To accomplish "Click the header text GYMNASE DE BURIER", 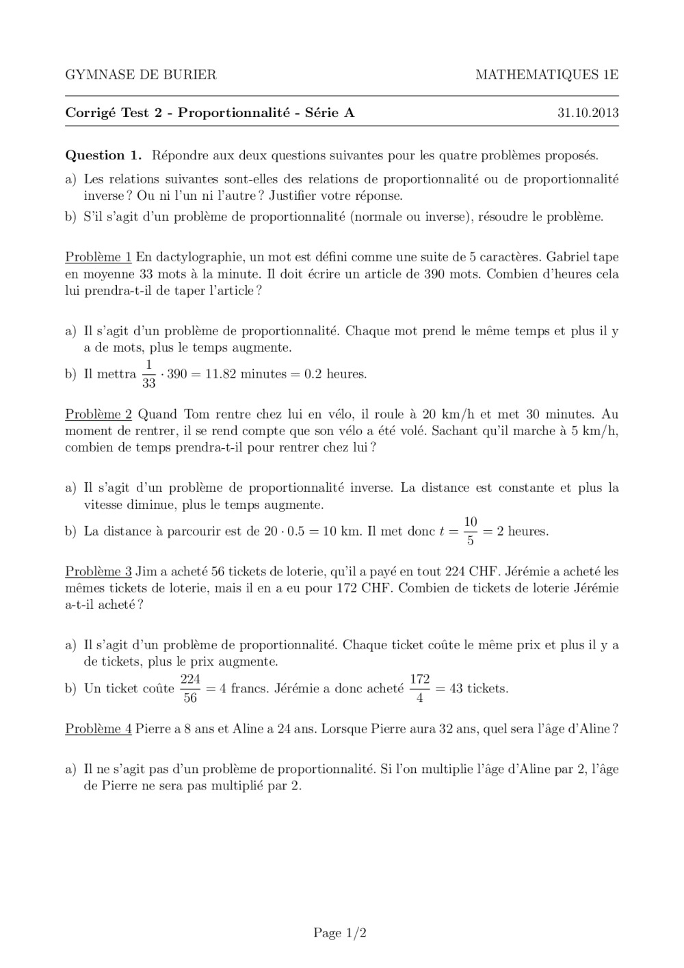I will (x=140, y=75).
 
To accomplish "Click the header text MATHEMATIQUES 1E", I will (x=547, y=75).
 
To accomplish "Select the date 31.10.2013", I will (x=588, y=113).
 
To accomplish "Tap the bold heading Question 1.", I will (x=103, y=155).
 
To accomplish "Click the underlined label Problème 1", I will (x=98, y=257).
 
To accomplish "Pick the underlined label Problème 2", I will (x=98, y=414).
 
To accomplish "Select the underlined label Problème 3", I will (x=98, y=571).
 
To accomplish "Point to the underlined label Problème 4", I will (x=98, y=729).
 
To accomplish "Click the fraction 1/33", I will (x=149, y=374).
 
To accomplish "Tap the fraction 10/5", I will (x=470, y=531).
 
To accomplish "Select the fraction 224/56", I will (x=190, y=688).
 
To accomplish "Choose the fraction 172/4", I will (x=419, y=688).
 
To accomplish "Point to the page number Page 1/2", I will (x=340, y=932).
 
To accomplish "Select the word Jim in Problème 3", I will (x=146, y=571).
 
